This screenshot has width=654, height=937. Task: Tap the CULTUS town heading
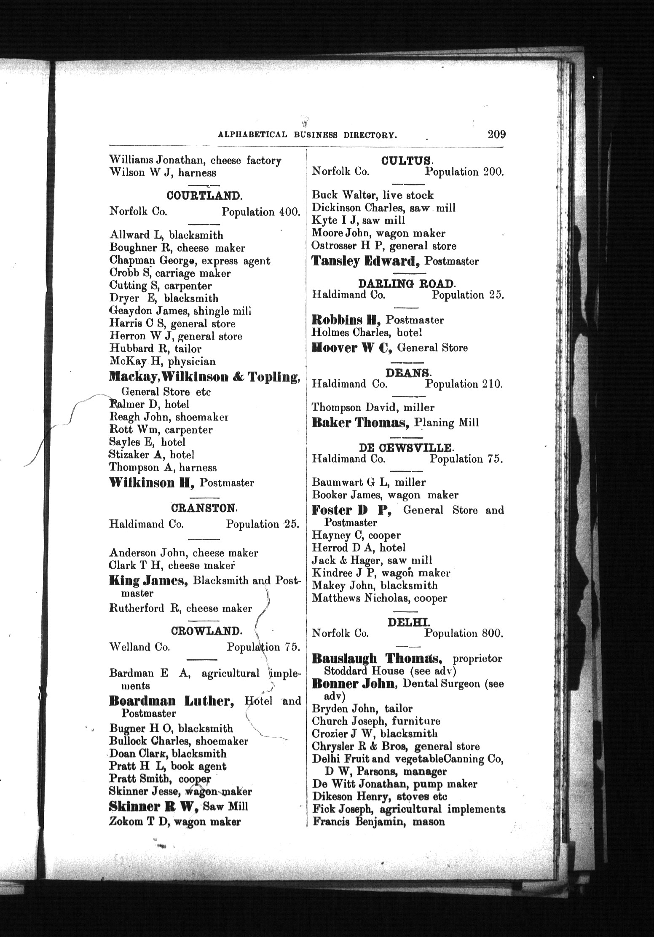point(406,161)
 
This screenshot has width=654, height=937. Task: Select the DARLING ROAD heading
point(407,283)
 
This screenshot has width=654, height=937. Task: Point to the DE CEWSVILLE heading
point(406,447)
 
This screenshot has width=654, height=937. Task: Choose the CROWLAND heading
point(206,631)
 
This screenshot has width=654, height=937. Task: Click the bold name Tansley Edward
point(366,261)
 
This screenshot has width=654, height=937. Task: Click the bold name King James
point(148,581)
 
